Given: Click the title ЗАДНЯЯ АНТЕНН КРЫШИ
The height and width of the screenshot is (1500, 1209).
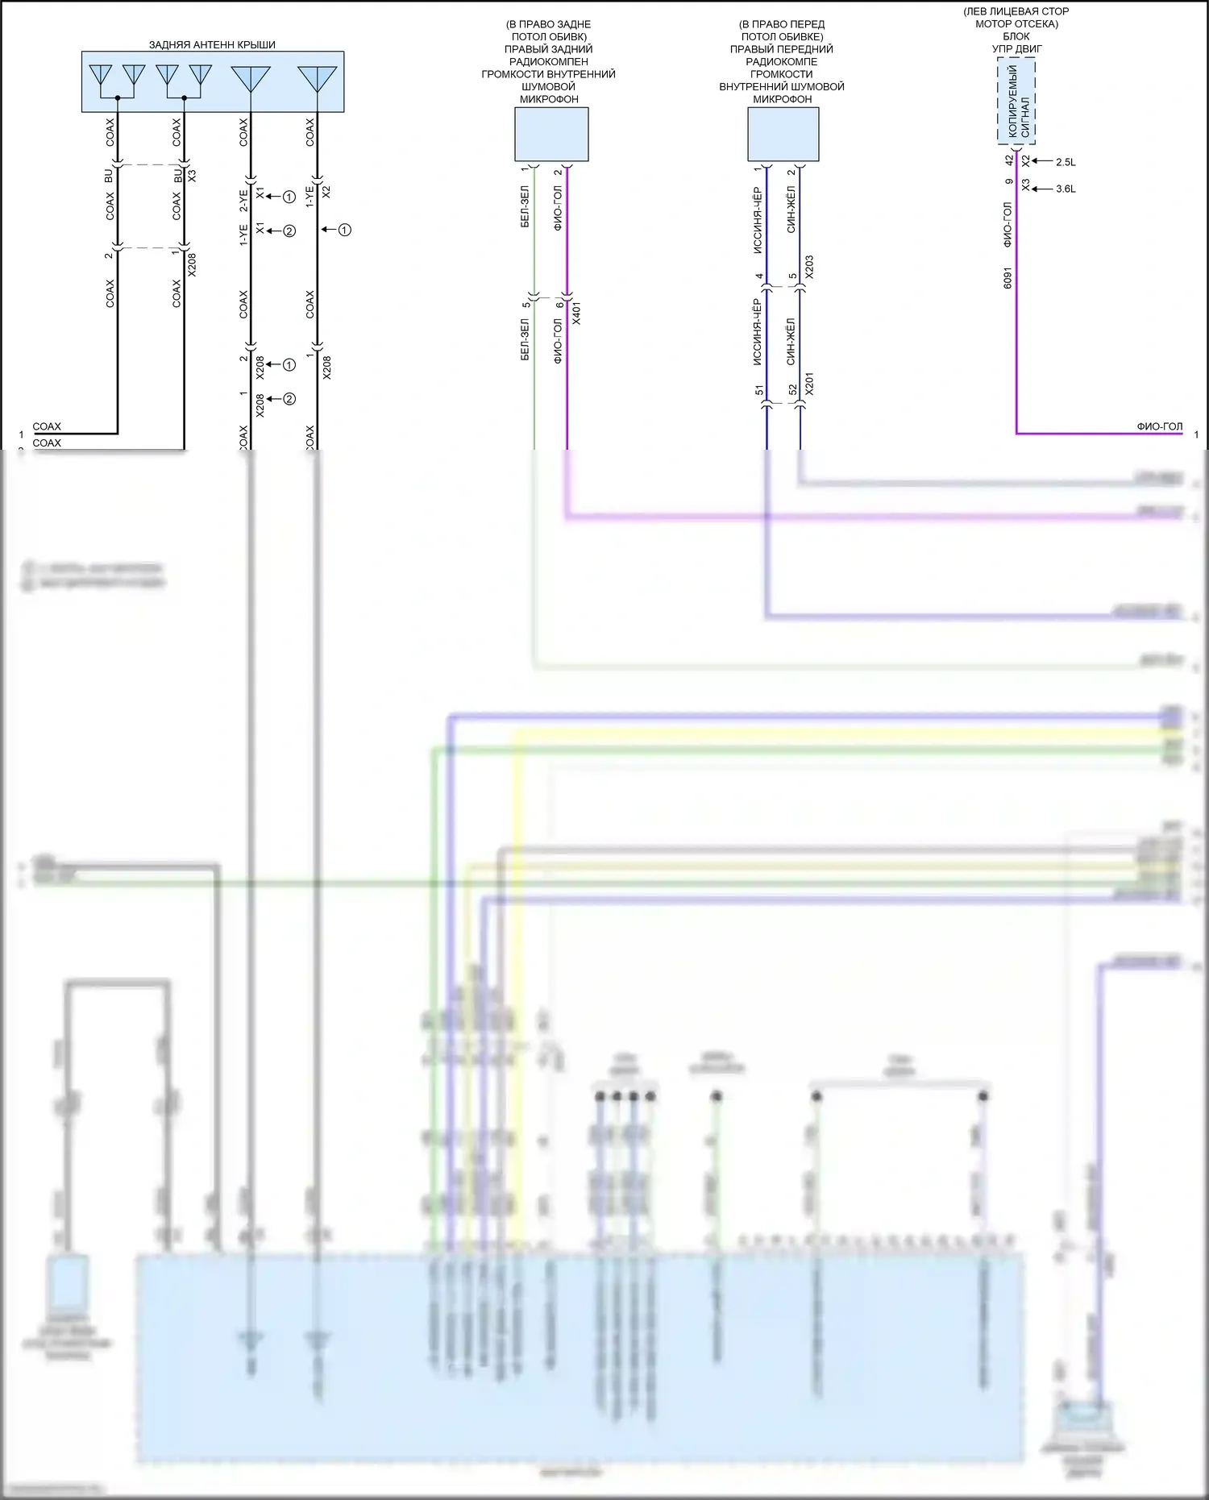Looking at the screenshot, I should click(212, 45).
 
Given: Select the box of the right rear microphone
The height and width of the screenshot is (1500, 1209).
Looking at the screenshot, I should click(551, 135).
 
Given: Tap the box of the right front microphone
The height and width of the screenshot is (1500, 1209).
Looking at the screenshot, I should click(783, 135).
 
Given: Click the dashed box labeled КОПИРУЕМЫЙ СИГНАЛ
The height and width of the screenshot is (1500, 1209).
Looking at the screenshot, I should click(1016, 102).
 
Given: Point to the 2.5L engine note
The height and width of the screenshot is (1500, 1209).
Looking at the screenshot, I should click(1066, 163).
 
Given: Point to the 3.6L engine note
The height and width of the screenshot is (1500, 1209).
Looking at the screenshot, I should click(1066, 189).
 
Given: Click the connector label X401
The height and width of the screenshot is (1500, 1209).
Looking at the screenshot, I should click(575, 313).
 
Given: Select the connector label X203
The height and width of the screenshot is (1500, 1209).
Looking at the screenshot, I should click(809, 267).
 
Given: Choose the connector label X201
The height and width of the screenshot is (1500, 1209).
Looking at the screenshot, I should click(809, 383).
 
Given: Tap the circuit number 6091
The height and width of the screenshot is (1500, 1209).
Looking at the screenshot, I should click(1008, 278).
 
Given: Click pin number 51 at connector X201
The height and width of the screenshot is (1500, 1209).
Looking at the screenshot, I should click(759, 390).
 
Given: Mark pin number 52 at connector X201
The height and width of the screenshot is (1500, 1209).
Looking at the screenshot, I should click(793, 390).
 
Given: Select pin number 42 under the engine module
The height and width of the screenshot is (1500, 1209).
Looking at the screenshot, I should click(1009, 160).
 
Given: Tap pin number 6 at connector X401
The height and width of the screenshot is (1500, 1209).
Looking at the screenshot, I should click(559, 305).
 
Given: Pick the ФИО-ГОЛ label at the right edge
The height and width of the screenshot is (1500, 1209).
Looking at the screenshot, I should click(1159, 426).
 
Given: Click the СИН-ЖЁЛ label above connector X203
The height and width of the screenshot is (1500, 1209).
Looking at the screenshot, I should click(791, 210).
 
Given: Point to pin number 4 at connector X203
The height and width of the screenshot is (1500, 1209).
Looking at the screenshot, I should click(759, 276).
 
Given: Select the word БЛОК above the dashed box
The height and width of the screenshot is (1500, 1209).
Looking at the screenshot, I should click(1016, 36).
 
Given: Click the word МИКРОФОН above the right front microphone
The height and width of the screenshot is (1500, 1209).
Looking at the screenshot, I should click(783, 99).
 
